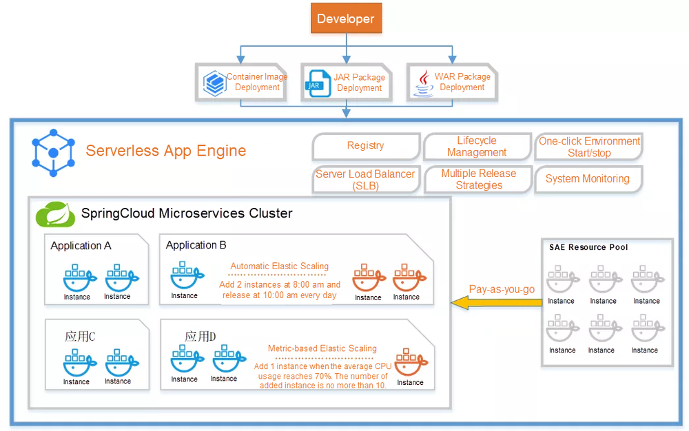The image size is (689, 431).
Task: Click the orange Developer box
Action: coord(345,19)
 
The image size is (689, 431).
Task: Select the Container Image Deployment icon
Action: coord(215,83)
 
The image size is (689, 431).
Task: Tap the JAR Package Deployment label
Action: coord(359,83)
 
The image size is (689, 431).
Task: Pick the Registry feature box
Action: coord(365,146)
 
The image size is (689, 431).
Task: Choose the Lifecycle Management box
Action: coord(476,147)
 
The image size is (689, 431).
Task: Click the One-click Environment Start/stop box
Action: coord(589,147)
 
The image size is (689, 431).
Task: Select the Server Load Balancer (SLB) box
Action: coord(365,180)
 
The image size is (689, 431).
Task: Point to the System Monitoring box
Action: coord(587,179)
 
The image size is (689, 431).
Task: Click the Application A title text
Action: coord(81,246)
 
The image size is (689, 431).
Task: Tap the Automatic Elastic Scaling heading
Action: coord(279,266)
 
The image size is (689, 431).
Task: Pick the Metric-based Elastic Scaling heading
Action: coord(322,348)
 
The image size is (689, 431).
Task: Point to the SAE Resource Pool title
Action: coord(588,247)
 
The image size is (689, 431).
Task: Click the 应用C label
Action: coord(80,337)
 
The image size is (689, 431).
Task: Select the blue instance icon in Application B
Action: coord(185,277)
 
